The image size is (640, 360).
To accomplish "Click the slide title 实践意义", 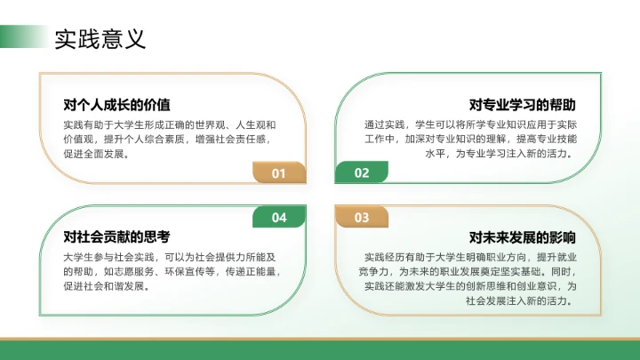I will point(100,39).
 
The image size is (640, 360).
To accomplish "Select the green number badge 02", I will point(361,173).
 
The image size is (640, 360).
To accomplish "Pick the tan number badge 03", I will point(361,217).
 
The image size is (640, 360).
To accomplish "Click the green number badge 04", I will point(279,217).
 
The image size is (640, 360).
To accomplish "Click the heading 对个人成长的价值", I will point(117,104).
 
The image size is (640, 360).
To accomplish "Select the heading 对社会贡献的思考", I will point(116,237).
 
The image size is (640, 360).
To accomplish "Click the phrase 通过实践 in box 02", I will point(383,124).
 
